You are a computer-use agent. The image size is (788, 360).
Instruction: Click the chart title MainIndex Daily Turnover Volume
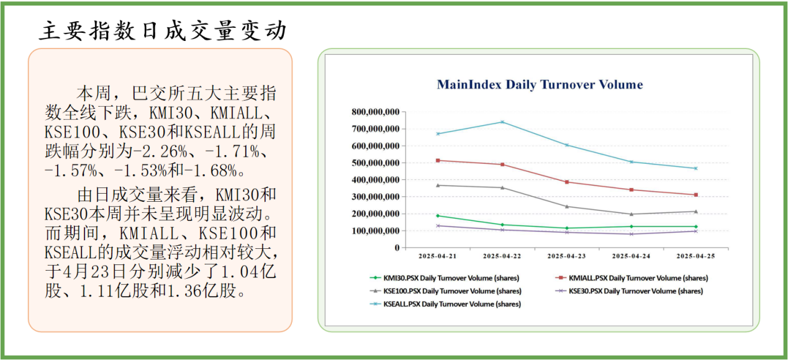pos(540,85)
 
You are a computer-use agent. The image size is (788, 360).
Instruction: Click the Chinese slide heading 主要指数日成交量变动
pos(163,30)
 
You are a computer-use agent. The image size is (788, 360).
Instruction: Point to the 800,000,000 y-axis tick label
pos(376,112)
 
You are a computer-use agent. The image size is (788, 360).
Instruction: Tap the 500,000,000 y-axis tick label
pos(376,163)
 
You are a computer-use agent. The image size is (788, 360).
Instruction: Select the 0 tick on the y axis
pos(397,248)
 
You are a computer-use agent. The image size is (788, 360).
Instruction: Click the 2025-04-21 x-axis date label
pos(438,256)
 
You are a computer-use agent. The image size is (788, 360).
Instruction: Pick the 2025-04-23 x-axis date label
pos(567,256)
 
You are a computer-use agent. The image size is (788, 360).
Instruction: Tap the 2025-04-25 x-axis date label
pos(696,256)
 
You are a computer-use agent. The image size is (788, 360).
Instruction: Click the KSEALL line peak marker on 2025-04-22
pos(502,122)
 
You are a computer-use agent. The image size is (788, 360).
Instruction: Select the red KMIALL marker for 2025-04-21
pos(438,161)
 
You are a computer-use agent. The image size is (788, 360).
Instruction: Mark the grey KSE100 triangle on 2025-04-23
pos(567,206)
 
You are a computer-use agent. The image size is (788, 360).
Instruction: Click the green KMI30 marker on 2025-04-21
pos(438,215)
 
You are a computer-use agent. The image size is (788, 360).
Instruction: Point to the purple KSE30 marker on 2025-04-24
pos(632,234)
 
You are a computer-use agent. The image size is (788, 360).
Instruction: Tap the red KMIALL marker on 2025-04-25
pos(696,195)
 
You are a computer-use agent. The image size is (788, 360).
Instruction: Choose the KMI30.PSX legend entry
pos(445,278)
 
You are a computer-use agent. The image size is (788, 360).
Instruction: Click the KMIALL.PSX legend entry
pos(632,278)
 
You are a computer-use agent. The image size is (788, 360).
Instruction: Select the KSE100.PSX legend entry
pos(445,291)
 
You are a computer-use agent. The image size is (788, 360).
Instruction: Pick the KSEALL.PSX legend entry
pos(445,304)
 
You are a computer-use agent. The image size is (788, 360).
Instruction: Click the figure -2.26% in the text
pos(160,151)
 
